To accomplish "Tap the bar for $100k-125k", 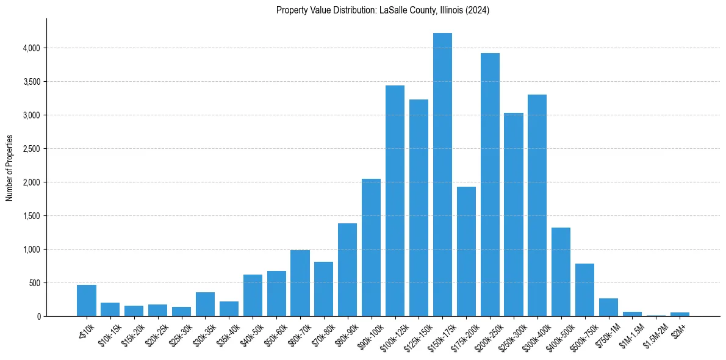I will (x=395, y=201).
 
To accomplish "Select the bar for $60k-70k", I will (x=300, y=283).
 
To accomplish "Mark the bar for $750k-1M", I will (x=608, y=307).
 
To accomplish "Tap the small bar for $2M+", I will (x=680, y=314).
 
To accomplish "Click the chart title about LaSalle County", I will (x=383, y=10).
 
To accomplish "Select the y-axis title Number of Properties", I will (x=10, y=168).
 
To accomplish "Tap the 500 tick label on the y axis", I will (x=33, y=283).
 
